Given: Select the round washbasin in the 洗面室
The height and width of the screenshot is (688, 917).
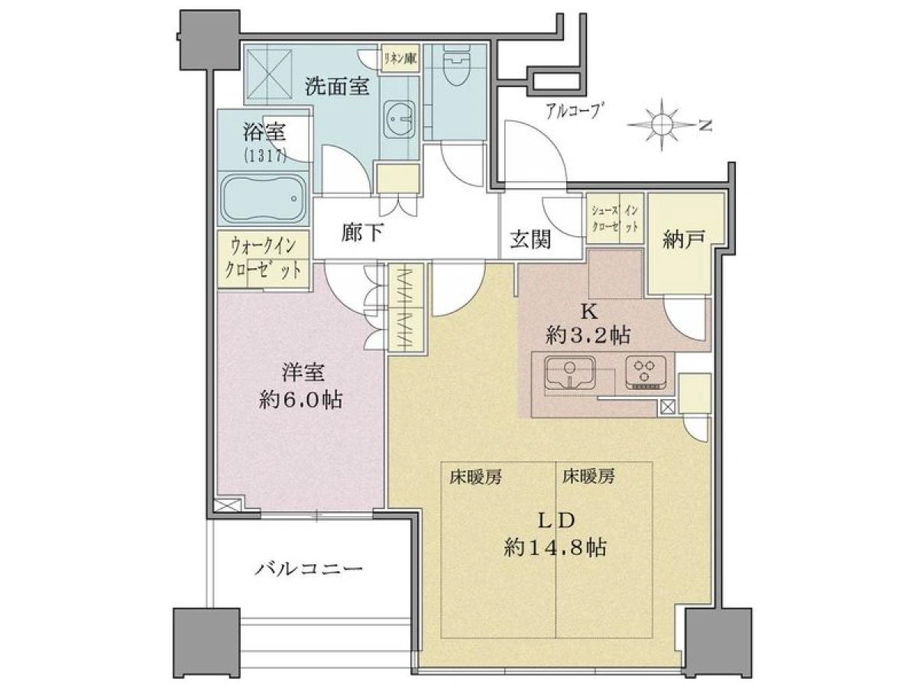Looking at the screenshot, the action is point(400,118).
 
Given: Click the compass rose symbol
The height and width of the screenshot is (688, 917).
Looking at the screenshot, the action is point(663,124).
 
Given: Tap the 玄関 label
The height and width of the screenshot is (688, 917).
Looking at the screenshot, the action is point(530,240).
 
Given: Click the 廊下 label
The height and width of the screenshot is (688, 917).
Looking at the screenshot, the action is point(362,232).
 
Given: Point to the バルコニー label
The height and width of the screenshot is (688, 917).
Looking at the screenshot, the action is point(309,569).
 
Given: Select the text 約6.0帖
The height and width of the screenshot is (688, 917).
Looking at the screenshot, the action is point(300,400).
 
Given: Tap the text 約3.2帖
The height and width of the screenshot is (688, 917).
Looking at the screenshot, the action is point(588,335).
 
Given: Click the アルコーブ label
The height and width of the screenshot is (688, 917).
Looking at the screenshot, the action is point(575,111).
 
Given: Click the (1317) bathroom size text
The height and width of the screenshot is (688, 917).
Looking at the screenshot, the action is point(264,157).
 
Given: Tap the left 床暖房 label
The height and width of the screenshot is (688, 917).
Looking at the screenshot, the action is point(475,476).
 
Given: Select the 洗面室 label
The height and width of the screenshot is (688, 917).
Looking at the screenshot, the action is point(337,87).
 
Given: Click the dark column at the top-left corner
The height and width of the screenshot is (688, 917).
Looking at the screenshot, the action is point(209,40).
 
